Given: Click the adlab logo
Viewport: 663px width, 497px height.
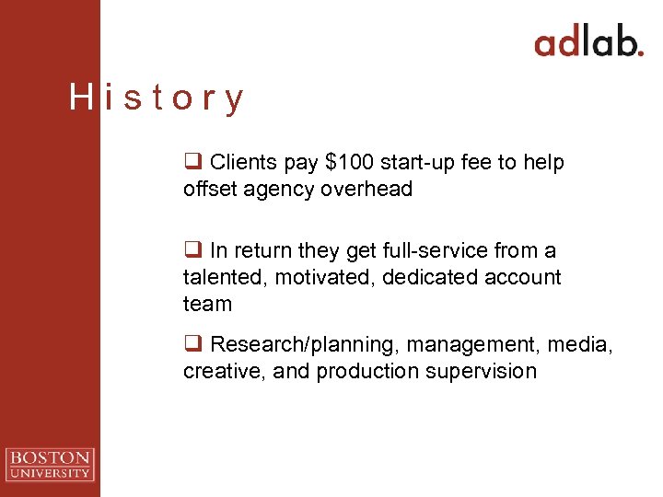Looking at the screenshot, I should point(588,42).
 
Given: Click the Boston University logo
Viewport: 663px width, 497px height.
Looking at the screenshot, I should point(50,464).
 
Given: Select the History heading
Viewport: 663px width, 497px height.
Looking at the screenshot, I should point(157,98).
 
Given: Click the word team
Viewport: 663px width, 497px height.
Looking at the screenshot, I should point(207,304).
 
